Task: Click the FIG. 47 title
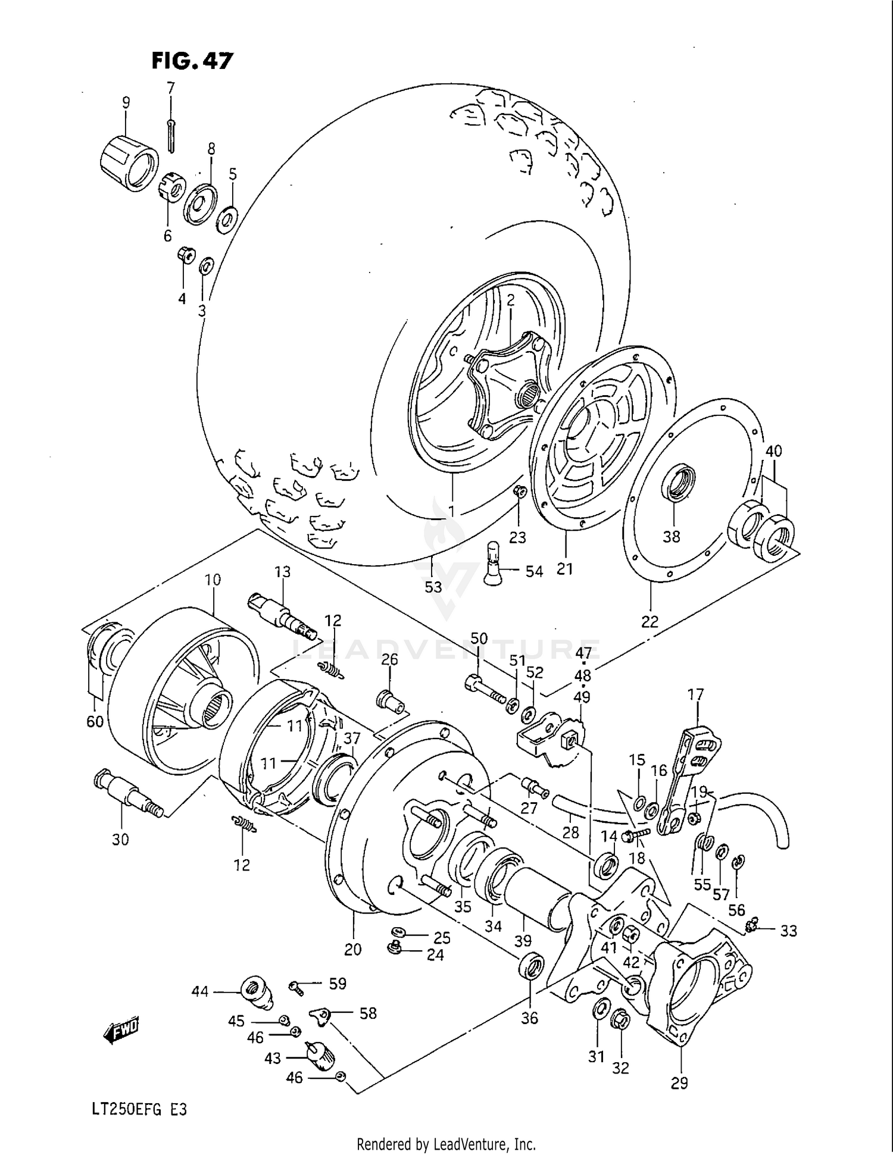pyautogui.click(x=192, y=61)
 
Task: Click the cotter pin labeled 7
pyautogui.click(x=171, y=136)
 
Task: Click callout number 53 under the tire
pyautogui.click(x=433, y=587)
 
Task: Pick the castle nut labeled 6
pyautogui.click(x=171, y=189)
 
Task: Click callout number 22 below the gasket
pyautogui.click(x=650, y=621)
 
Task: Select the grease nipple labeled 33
pyautogui.click(x=752, y=925)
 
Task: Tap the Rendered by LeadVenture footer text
pyautogui.click(x=446, y=1144)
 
